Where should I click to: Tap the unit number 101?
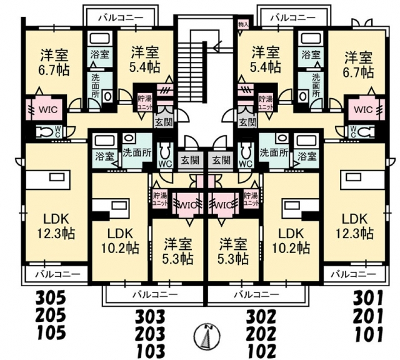point(372,331)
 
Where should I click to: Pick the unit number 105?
point(51,331)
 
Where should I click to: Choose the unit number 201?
point(372,314)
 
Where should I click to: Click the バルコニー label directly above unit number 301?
point(353,274)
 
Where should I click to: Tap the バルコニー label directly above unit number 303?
point(154,293)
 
